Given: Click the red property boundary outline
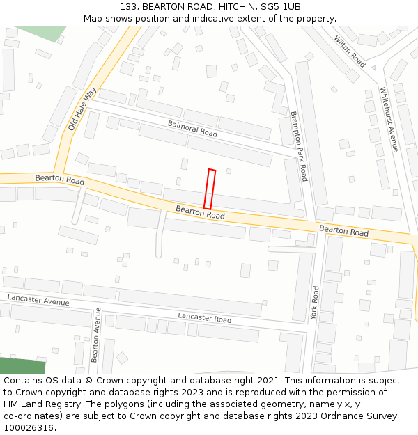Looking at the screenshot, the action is click(210, 189).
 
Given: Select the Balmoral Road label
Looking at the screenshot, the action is click(192, 128).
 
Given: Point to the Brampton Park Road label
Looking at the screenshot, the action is click(298, 145).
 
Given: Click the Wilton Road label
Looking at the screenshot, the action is click(350, 52).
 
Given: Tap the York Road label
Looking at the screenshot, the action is click(314, 303).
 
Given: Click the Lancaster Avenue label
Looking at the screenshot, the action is click(38, 301).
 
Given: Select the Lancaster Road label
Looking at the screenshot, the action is click(204, 318).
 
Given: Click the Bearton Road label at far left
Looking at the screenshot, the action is click(59, 180).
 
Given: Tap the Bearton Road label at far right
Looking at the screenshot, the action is click(343, 230).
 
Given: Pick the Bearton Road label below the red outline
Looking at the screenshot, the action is click(200, 212).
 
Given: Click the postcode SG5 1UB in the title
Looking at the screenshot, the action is click(282, 7).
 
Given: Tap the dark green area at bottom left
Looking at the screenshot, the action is click(21, 366).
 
